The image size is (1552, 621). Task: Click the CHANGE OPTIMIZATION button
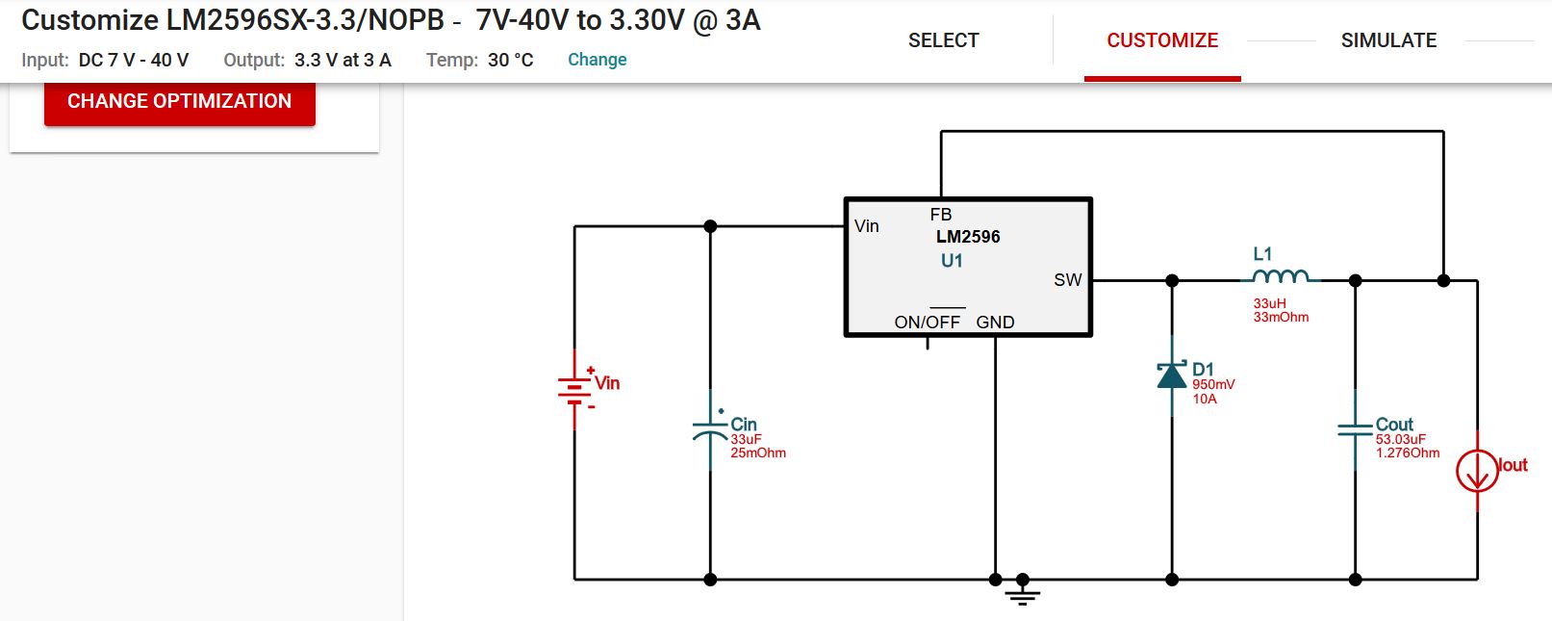[180, 101]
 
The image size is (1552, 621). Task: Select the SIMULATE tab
[1388, 40]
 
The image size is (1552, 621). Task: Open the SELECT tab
[943, 40]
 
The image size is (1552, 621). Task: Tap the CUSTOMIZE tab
[1162, 40]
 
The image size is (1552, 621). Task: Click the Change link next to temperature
[597, 60]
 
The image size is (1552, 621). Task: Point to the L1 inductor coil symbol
[1281, 277]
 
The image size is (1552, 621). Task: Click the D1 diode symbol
[1172, 375]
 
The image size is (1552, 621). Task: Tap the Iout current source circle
[1477, 472]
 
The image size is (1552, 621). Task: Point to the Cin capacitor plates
[710, 429]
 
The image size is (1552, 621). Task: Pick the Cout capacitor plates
[1355, 429]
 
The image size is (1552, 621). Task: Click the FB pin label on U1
[940, 215]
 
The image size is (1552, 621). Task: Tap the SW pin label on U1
[1067, 280]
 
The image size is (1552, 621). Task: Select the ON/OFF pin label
[927, 323]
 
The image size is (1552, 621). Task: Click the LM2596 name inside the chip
[968, 237]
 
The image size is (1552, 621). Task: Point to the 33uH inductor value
[1269, 303]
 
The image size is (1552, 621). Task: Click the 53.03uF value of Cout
[1400, 439]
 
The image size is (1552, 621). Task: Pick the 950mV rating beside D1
[1213, 384]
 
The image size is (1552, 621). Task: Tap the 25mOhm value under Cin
[758, 453]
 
